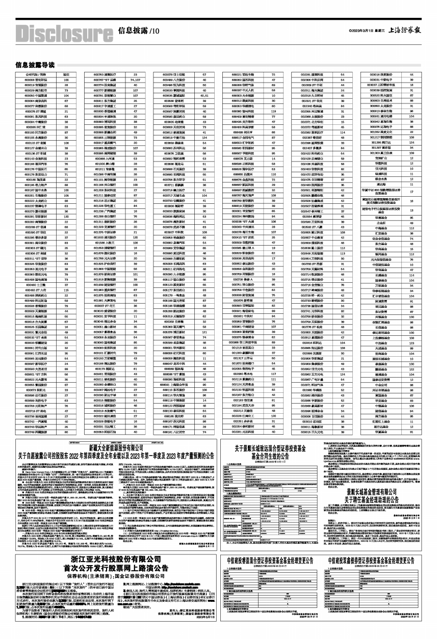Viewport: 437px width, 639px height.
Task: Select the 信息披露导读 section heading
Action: [x=35, y=65]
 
